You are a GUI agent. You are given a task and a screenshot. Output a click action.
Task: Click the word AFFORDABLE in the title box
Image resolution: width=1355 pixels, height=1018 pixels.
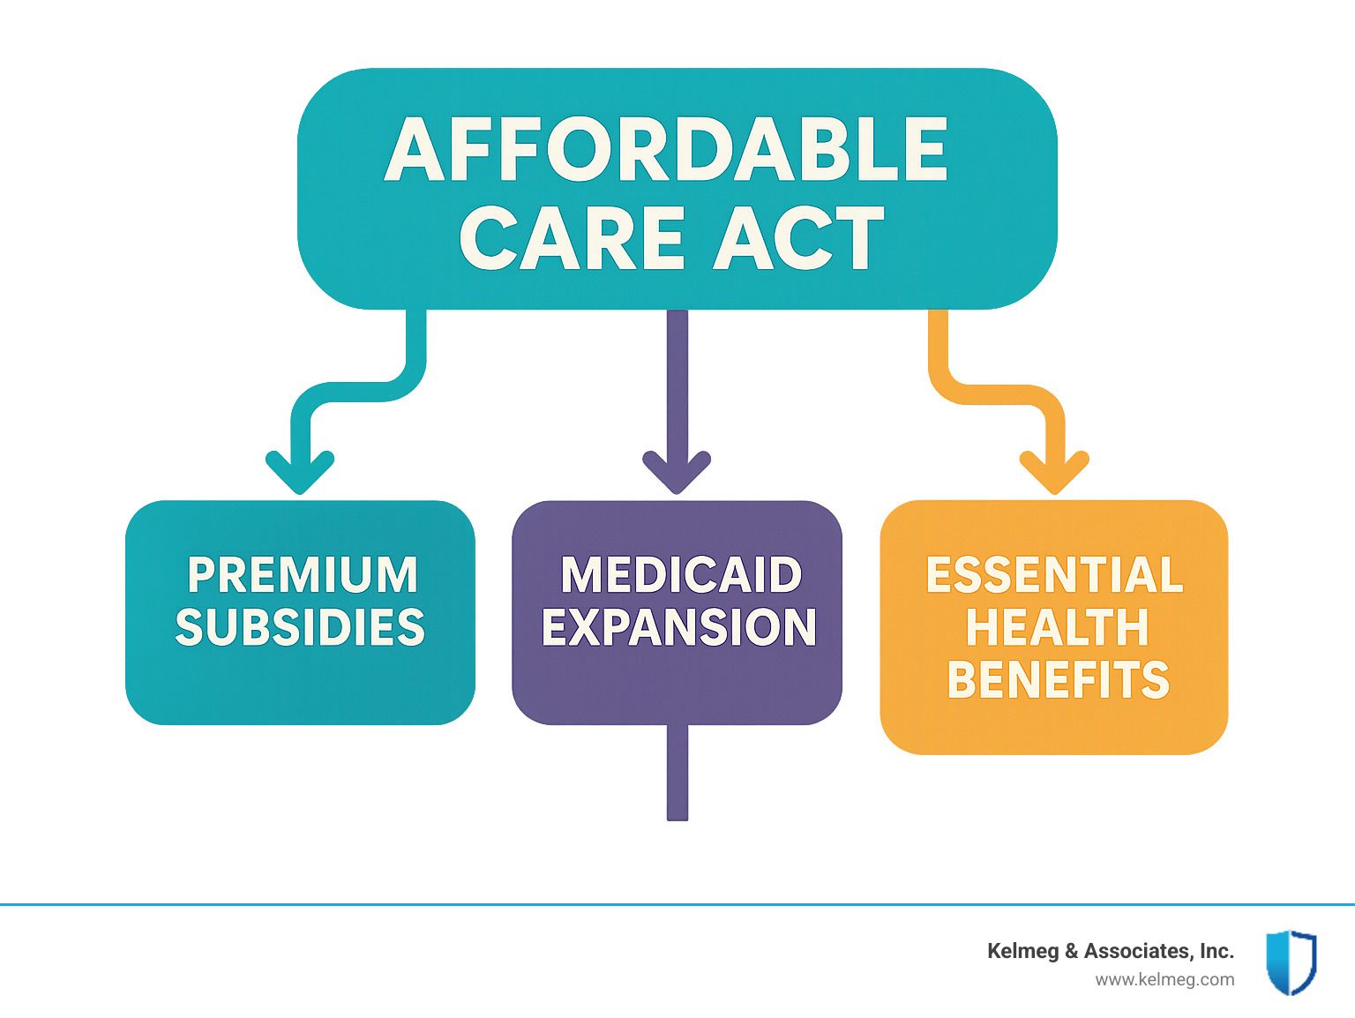(666, 149)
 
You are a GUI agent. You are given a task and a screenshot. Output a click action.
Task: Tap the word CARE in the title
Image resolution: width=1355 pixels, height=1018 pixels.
(572, 238)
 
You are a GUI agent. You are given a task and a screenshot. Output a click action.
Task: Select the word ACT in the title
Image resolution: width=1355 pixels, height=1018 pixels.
(799, 238)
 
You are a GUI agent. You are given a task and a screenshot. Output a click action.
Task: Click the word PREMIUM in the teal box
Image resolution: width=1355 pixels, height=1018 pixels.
(303, 575)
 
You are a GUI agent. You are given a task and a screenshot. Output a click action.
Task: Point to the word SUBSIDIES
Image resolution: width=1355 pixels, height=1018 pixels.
(300, 626)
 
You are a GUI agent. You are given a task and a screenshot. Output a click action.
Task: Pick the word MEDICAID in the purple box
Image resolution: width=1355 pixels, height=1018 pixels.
(681, 575)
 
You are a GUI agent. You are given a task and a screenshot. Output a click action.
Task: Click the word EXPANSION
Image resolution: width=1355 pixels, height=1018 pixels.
(679, 626)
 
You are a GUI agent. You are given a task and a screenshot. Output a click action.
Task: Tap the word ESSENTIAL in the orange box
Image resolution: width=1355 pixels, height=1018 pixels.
(1054, 575)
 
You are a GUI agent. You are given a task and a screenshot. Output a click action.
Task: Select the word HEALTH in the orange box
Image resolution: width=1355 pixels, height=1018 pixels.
(1057, 626)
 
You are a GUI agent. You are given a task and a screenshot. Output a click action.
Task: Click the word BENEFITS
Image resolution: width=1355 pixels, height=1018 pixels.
(1058, 679)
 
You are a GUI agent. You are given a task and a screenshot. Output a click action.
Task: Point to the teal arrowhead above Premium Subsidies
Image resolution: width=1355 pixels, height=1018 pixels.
(300, 472)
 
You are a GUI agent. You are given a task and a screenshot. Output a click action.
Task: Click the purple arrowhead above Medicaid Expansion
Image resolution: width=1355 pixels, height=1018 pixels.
(677, 472)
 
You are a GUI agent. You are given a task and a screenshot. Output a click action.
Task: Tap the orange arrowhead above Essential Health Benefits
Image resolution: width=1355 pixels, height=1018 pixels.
(1054, 472)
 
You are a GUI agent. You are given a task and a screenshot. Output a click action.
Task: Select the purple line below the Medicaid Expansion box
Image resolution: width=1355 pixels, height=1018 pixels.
(677, 772)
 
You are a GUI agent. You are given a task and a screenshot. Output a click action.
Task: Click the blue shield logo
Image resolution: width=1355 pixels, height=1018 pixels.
(1291, 962)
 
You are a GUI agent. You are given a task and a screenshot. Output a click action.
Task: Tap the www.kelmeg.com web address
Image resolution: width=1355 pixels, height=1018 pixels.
(1164, 980)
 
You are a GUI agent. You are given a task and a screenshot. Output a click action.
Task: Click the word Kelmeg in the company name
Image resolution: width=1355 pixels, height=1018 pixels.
(1023, 951)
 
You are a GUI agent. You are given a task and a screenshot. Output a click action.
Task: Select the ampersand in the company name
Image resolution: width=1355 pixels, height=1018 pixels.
(1071, 951)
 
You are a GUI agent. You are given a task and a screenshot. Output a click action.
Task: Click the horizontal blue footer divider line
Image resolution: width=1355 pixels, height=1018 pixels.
(677, 905)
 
